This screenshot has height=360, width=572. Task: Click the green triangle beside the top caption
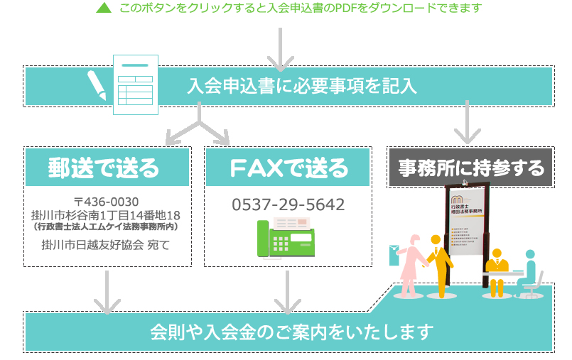104,9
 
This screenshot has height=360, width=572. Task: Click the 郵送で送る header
104,168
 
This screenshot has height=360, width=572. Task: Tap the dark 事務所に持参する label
470,168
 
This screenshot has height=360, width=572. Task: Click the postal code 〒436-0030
107,200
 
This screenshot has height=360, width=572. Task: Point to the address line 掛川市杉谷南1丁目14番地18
107,214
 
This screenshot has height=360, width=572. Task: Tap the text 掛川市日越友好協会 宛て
107,246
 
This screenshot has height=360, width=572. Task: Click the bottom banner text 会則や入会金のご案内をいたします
291,332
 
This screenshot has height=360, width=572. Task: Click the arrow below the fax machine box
288,291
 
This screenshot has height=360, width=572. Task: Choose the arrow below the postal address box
107,291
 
